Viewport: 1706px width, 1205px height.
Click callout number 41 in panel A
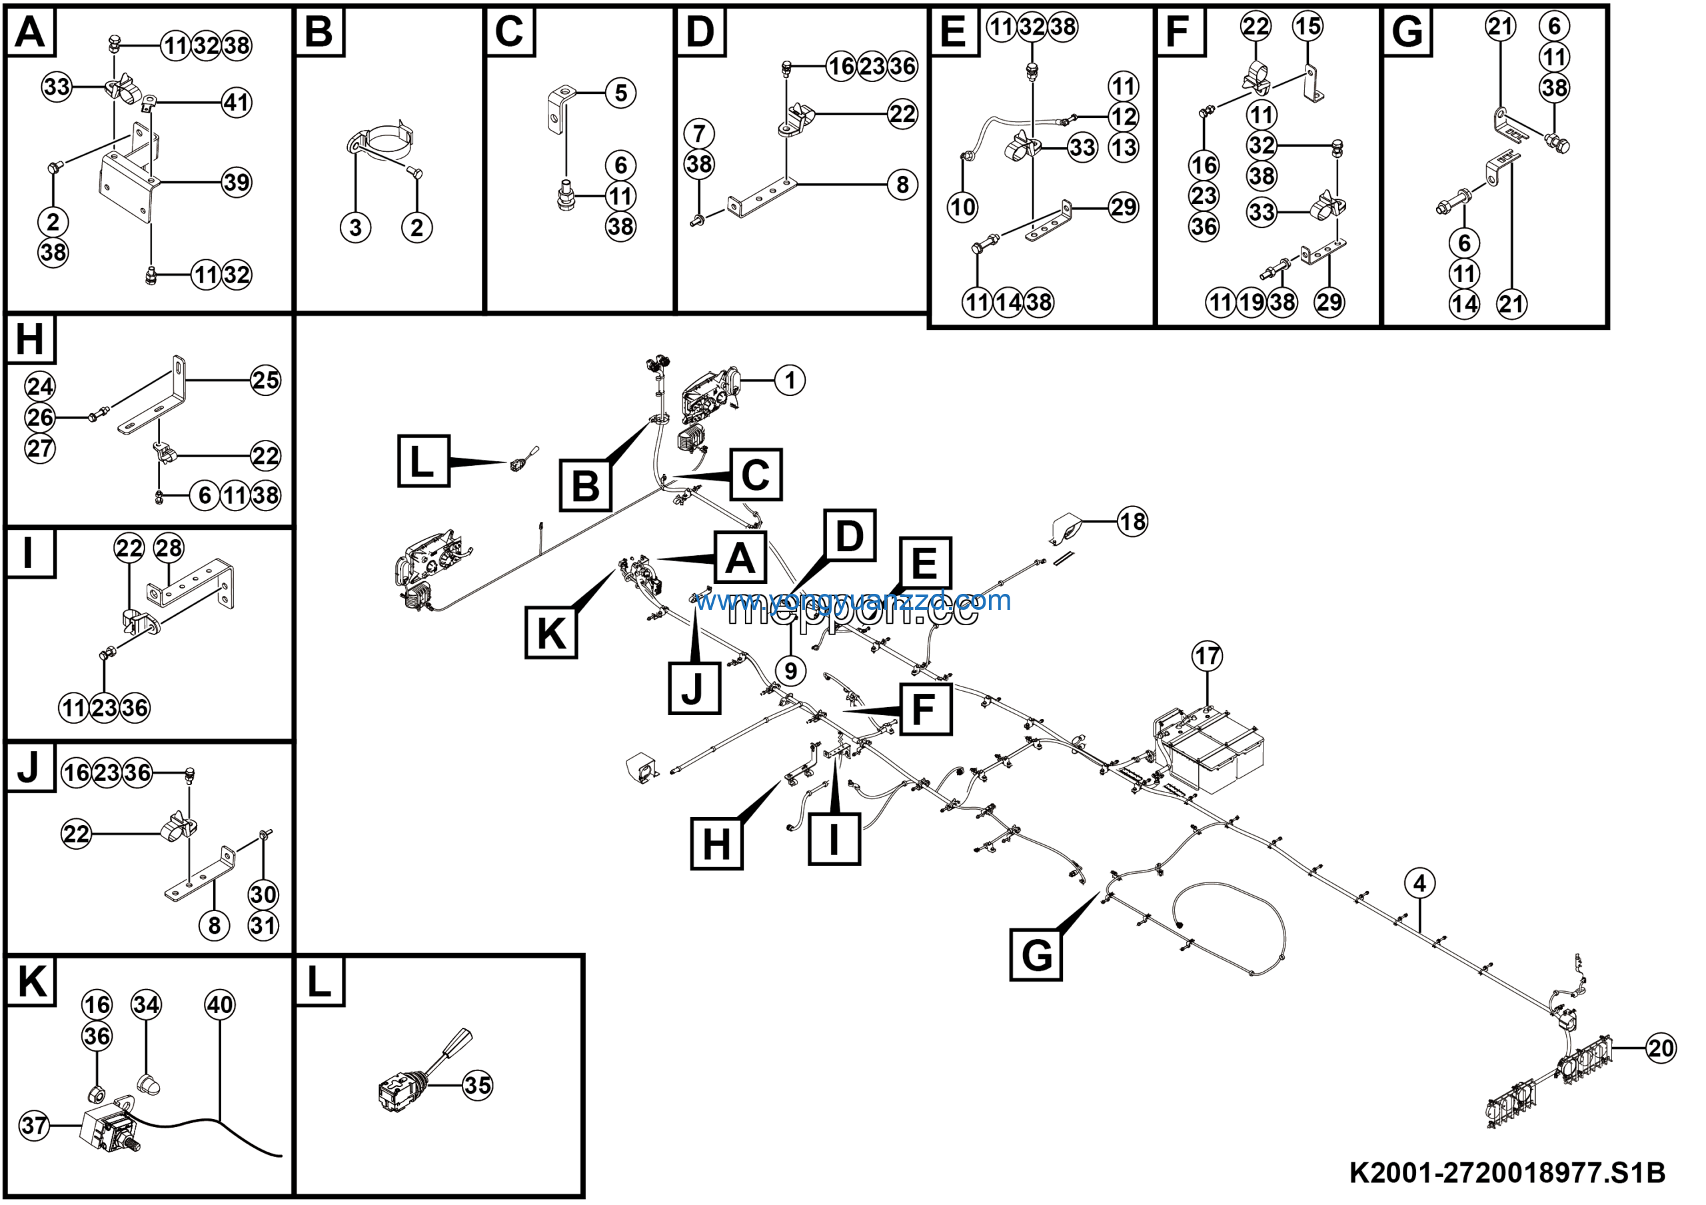[237, 103]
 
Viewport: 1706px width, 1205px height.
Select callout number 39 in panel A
[237, 182]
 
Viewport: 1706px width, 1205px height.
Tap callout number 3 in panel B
[355, 227]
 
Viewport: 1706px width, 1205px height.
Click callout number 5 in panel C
[620, 93]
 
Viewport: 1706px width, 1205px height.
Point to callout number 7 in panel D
[698, 134]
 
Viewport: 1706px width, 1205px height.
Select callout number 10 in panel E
[962, 207]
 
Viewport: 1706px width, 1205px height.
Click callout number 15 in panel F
[1307, 27]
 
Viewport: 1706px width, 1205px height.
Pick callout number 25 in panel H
[265, 381]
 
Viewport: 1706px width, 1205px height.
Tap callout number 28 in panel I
[169, 549]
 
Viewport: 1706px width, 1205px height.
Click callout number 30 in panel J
[263, 894]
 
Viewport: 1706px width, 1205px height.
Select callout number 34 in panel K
[146, 1005]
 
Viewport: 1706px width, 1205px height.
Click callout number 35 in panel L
[477, 1086]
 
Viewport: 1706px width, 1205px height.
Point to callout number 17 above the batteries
[1207, 656]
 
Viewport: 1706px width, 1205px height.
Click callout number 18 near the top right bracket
[1132, 522]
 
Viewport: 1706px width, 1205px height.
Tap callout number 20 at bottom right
[1661, 1048]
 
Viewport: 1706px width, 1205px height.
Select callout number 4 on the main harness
[1419, 883]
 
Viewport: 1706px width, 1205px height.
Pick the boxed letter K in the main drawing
[550, 633]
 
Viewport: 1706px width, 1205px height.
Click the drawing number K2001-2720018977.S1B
[1507, 1174]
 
